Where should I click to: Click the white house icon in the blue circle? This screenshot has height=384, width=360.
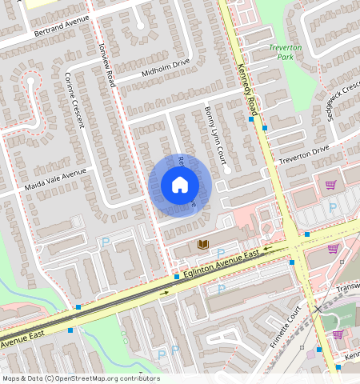point(180,186)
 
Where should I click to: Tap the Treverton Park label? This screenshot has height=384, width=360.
point(285,53)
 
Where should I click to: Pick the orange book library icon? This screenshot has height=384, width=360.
point(202,244)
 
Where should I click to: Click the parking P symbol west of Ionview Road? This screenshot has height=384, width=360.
point(105,242)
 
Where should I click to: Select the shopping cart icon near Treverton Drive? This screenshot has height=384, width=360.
point(330,185)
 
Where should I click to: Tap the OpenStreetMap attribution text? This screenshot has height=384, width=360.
point(81,378)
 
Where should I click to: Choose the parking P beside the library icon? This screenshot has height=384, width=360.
point(221,252)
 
